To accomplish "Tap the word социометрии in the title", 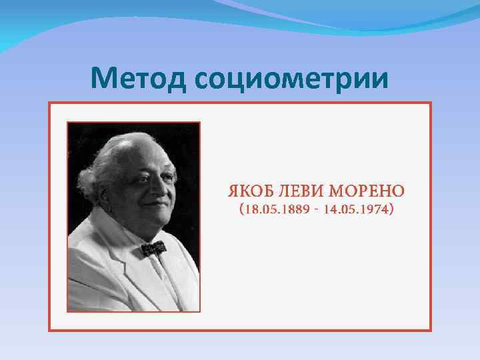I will pyautogui.click(x=292, y=79).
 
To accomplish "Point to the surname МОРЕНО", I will pyautogui.click(x=367, y=191).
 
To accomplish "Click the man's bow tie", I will pyautogui.click(x=153, y=249).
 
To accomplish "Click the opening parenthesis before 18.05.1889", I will pyautogui.click(x=241, y=211).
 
